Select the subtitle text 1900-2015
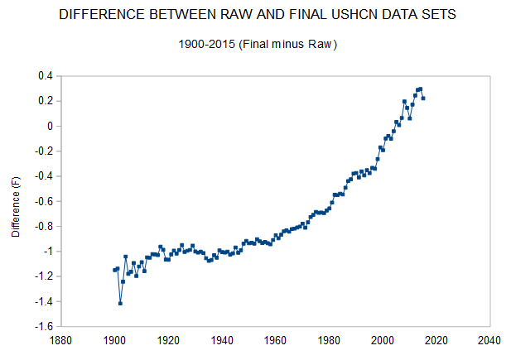(x=207, y=44)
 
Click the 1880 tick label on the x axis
(x=60, y=338)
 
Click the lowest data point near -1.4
(x=120, y=303)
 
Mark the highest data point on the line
(x=421, y=89)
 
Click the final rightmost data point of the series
(x=423, y=98)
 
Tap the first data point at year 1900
(x=114, y=270)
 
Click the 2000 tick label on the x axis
(x=383, y=338)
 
